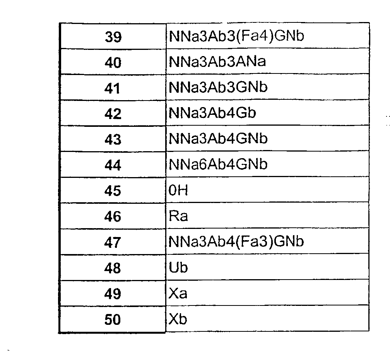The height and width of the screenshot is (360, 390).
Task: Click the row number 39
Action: [x=113, y=37]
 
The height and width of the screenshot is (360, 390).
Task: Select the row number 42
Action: [x=113, y=114]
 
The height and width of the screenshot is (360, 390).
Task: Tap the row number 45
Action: [x=113, y=191]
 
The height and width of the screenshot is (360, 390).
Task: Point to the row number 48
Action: [x=113, y=268]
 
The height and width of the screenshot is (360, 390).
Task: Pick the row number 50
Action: [x=113, y=319]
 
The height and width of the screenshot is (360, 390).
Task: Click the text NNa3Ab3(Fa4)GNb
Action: [x=236, y=36]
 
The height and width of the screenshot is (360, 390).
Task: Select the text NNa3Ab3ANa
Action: [x=217, y=61]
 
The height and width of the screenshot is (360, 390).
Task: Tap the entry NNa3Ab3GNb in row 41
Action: [x=218, y=87]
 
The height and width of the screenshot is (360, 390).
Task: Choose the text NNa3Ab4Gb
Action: [x=212, y=113]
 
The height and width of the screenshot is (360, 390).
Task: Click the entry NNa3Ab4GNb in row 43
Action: [x=218, y=138]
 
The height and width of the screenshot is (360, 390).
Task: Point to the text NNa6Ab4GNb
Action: [x=218, y=164]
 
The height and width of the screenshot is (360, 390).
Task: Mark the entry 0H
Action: [x=178, y=191]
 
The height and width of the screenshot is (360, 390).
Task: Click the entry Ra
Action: [x=178, y=216]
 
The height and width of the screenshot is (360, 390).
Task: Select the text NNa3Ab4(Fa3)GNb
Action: [x=236, y=241]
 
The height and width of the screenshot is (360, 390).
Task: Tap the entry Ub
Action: [x=178, y=268]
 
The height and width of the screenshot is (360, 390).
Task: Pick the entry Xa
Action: [x=178, y=293]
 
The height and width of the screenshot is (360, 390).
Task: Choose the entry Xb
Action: [x=178, y=319]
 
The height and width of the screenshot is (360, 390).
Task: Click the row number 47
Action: [x=113, y=242]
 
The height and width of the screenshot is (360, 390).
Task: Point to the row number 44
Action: [x=113, y=165]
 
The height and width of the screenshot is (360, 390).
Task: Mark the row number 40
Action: [x=113, y=62]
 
